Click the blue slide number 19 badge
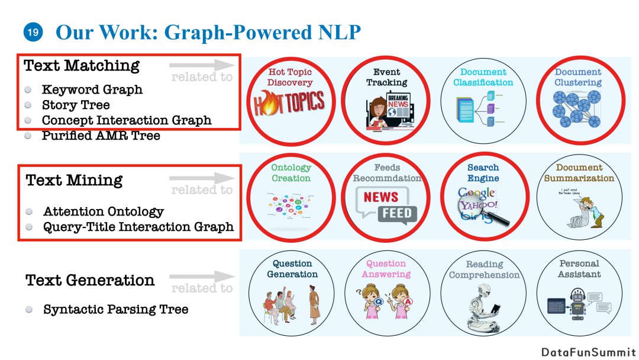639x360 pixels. click(33, 32)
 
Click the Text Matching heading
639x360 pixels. click(82, 65)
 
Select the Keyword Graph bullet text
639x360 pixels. click(92, 90)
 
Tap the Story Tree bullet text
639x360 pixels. click(76, 105)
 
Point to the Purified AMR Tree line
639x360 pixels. click(101, 136)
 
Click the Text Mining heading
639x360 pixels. click(75, 180)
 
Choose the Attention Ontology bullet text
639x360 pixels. click(104, 211)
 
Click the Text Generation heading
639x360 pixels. click(90, 280)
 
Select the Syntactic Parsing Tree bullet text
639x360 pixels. click(116, 309)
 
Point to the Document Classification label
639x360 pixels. click(483, 77)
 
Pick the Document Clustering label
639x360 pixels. click(578, 77)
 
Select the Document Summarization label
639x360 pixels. click(579, 173)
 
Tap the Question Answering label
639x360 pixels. click(386, 269)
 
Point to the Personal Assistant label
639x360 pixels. click(579, 269)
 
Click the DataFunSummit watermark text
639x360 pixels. click(589, 352)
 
